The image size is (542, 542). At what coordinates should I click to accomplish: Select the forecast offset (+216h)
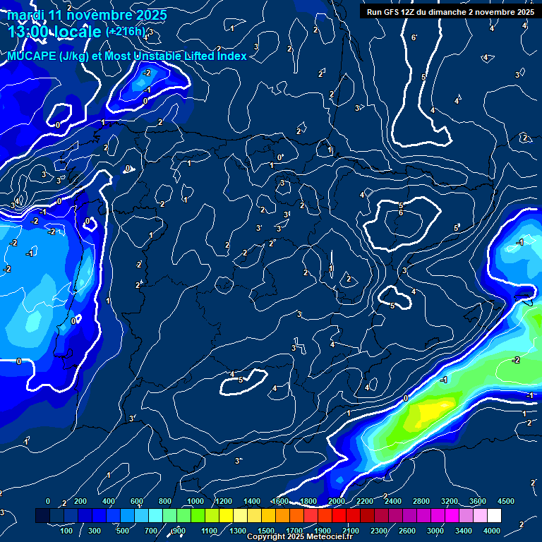point(125,32)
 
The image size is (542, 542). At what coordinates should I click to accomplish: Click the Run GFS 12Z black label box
point(449,12)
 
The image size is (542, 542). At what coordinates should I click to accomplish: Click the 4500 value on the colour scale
point(505,501)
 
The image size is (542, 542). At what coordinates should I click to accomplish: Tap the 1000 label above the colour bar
point(195,501)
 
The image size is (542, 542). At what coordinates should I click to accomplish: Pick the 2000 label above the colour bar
point(336,501)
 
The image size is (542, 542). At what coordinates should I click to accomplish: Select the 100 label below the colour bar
point(66,531)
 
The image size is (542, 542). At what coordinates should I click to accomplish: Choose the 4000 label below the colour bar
point(492,531)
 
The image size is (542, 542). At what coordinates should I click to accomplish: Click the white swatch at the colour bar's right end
point(513,517)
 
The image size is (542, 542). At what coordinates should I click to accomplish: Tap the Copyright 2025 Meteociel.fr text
point(299,537)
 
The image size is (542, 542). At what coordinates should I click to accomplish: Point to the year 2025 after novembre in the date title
point(152,15)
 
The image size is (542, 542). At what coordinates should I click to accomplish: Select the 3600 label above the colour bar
point(477,501)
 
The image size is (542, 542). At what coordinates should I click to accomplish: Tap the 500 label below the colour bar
point(123,531)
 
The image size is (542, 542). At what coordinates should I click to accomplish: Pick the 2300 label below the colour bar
point(378,531)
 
